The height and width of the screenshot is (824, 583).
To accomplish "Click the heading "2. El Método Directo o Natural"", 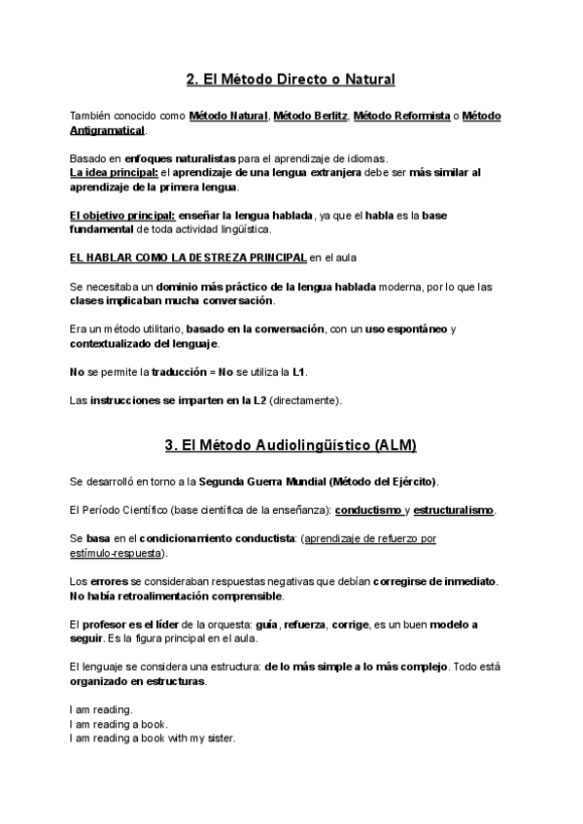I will [291, 79].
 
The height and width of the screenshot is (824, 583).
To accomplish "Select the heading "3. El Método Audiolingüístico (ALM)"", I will [291, 446].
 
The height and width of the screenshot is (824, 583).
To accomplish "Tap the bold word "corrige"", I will [350, 625].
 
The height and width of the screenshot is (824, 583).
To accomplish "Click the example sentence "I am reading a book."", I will [119, 724].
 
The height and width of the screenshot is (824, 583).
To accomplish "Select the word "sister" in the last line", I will [219, 738].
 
